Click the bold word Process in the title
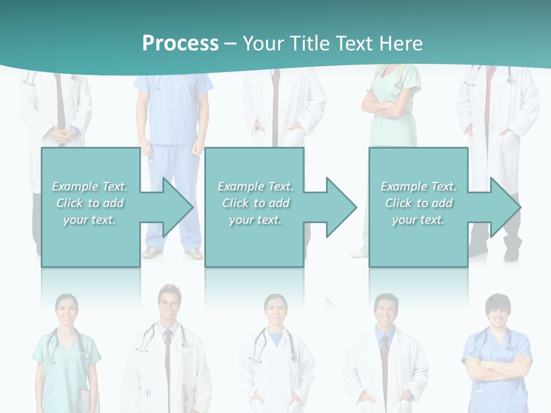(x=180, y=44)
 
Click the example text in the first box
(x=90, y=203)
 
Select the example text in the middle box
(x=255, y=203)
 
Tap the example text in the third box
(x=418, y=203)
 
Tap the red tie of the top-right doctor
(x=489, y=92)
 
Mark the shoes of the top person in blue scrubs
(x=172, y=253)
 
